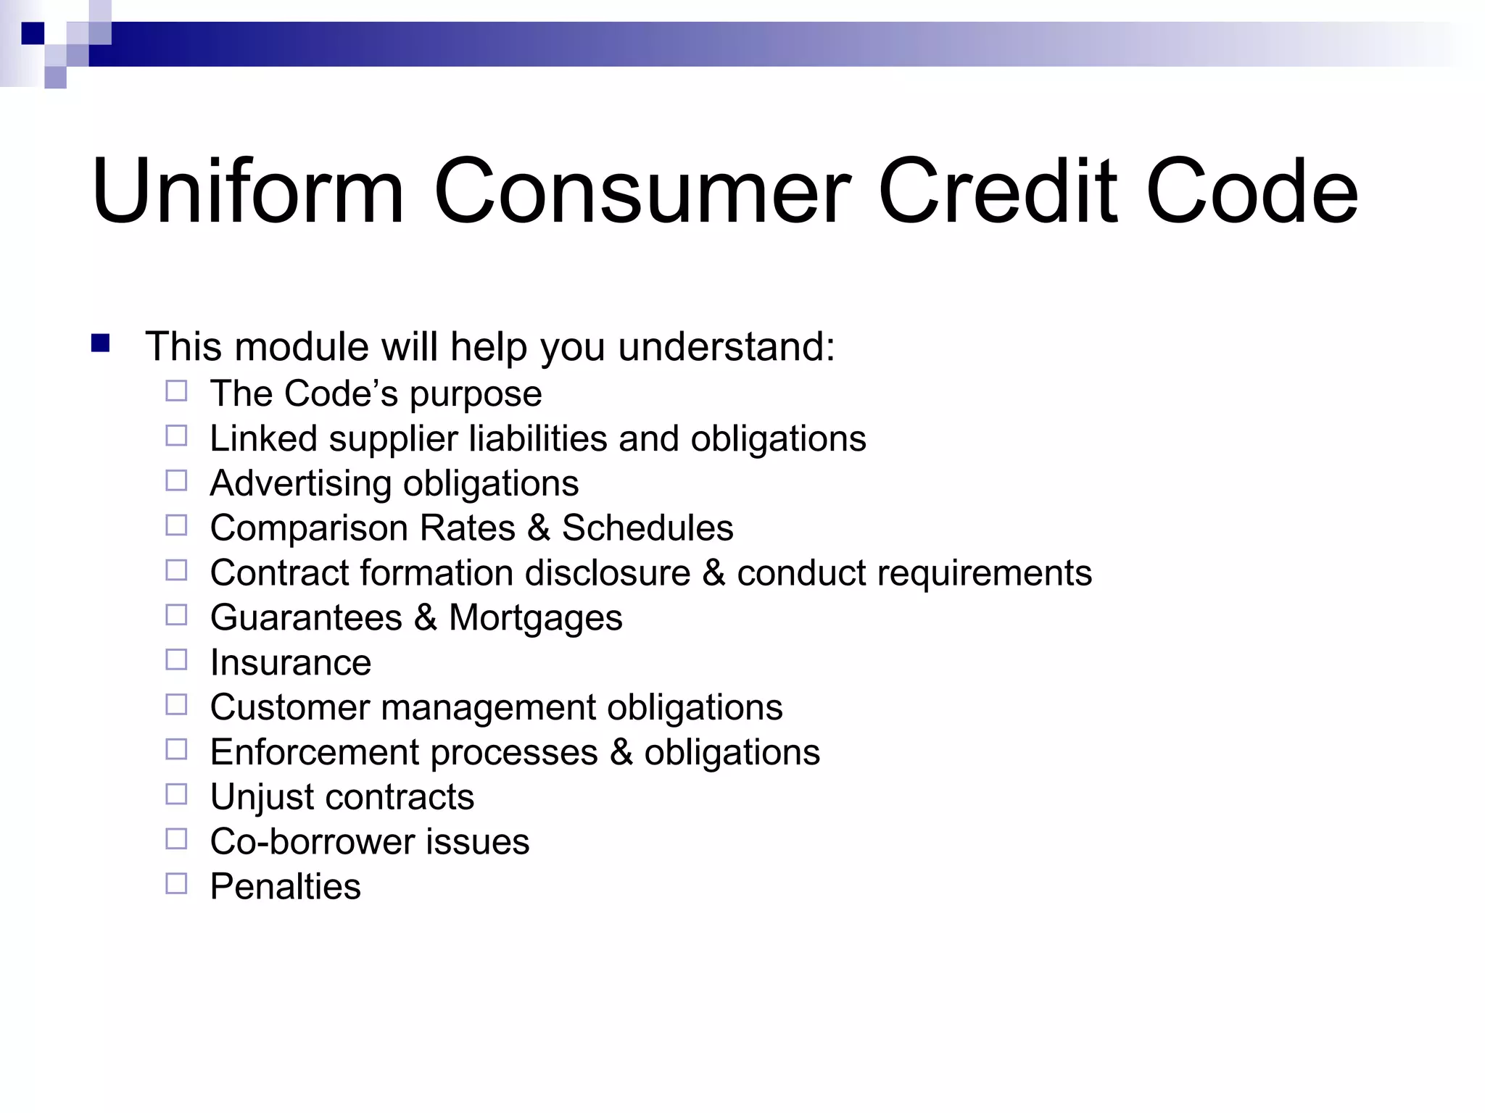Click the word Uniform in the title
point(247,192)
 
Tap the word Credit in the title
point(998,192)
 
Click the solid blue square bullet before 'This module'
point(100,343)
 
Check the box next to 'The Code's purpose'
point(176,391)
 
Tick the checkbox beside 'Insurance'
point(176,659)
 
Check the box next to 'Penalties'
point(176,883)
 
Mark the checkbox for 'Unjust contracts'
point(176,794)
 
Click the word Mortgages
point(535,619)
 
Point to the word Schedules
point(648,528)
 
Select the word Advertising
point(300,483)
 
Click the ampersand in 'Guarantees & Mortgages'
point(426,618)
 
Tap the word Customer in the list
point(290,707)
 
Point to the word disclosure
point(607,573)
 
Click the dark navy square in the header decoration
point(33,33)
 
